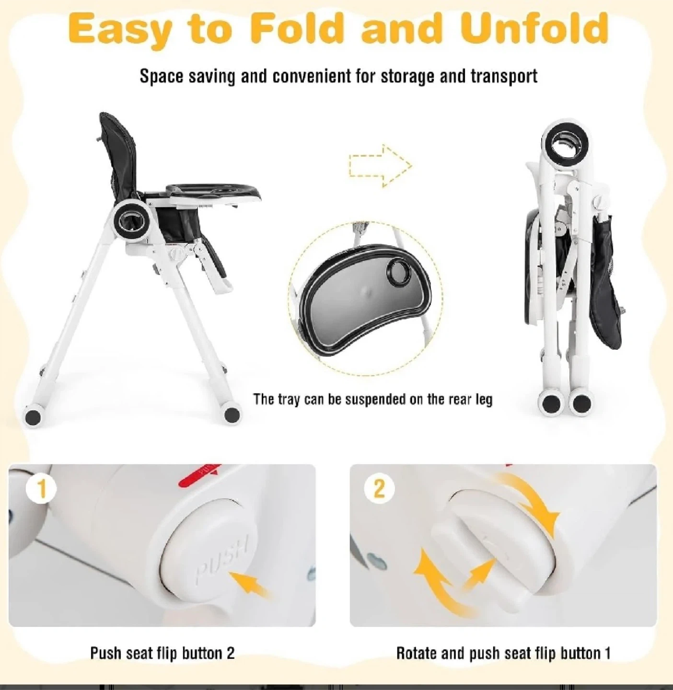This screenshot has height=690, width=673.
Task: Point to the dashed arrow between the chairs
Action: pyautogui.click(x=380, y=166)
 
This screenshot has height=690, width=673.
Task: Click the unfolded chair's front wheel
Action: pyautogui.click(x=232, y=414)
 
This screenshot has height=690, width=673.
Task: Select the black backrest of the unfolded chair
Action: pyautogui.click(x=121, y=156)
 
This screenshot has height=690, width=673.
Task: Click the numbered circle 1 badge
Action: pyautogui.click(x=42, y=489)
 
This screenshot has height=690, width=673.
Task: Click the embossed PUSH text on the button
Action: pyautogui.click(x=222, y=558)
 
